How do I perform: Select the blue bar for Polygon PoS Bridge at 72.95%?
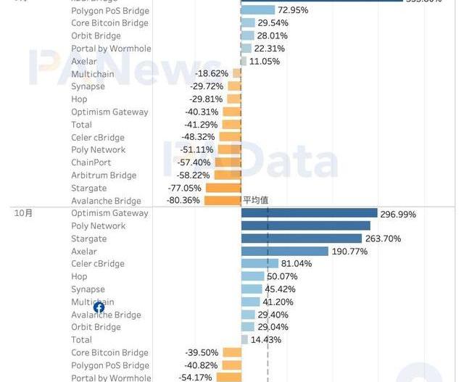point(258,10)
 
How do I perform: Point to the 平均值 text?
point(257,200)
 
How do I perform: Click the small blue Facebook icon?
point(99,307)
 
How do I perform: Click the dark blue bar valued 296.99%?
point(309,213)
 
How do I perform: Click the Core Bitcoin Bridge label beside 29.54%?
point(109,23)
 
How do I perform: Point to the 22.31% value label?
point(270,49)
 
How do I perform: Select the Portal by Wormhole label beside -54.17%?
point(111,378)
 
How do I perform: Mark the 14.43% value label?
point(266,340)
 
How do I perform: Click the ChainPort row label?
point(91,162)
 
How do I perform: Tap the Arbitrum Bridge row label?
point(104,175)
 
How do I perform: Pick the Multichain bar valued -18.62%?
point(236,74)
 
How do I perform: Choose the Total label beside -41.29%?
point(82,125)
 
